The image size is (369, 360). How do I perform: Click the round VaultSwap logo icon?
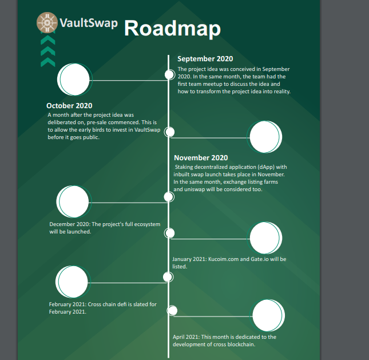[x=47, y=22]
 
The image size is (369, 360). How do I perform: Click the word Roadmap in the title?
[x=172, y=28]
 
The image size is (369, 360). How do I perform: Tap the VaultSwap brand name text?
[x=89, y=23]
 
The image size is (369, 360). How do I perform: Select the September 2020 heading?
[x=205, y=58]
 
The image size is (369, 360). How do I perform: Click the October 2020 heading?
[x=69, y=105]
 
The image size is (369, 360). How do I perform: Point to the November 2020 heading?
[x=201, y=157]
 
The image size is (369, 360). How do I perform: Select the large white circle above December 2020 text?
[x=73, y=201]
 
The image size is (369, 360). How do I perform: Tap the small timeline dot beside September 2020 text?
[x=169, y=75]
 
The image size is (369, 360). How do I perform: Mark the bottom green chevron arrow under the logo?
[x=48, y=62]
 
